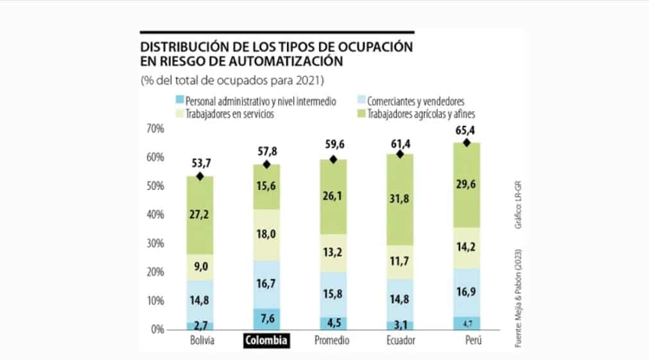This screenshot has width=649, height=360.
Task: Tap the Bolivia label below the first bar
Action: (200, 341)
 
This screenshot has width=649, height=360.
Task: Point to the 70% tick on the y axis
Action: (155, 129)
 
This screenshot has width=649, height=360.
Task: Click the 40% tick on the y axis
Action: (155, 215)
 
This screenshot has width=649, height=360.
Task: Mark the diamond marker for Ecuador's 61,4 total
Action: (399, 154)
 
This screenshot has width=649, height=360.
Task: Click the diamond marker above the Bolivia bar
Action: (200, 176)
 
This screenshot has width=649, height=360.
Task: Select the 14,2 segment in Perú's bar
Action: (466, 248)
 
